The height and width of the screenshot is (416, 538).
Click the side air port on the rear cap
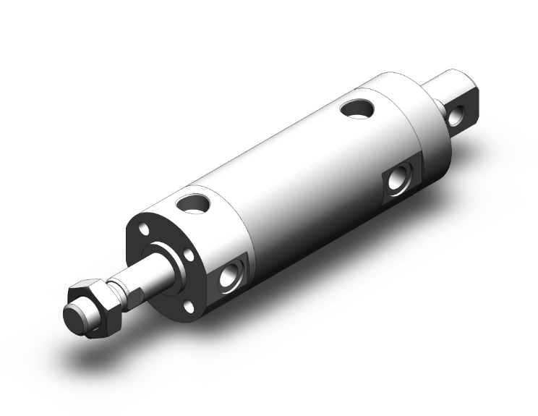396,177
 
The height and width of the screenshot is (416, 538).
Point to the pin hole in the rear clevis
457,116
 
